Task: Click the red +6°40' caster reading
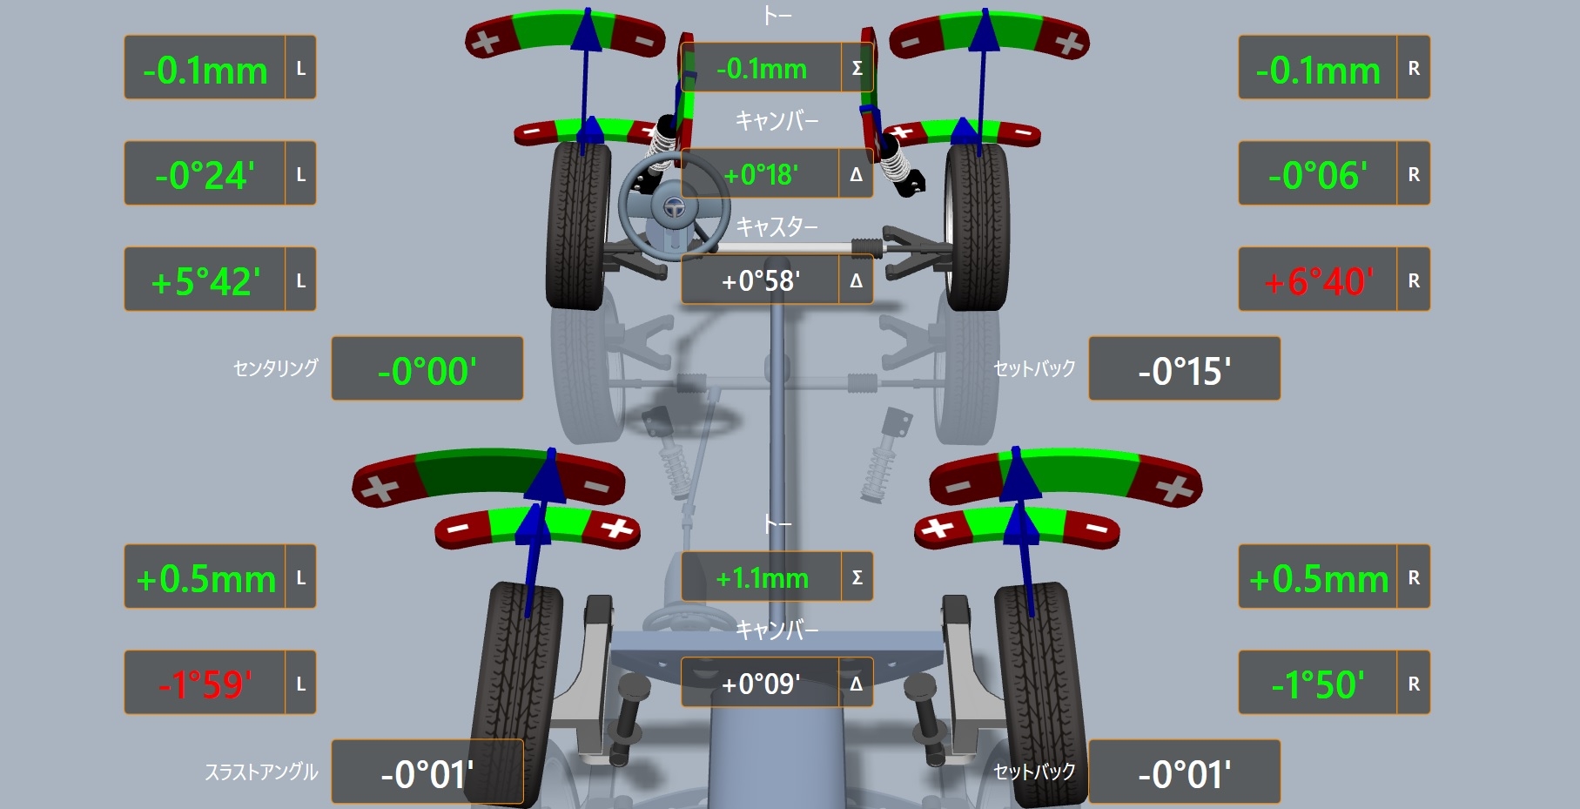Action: (1318, 281)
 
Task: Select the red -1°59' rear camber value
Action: (205, 684)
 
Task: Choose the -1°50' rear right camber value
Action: (1318, 684)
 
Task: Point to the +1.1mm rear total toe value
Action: (762, 578)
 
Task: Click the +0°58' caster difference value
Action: (761, 281)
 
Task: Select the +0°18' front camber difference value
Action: (761, 175)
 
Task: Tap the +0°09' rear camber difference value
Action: (761, 684)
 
